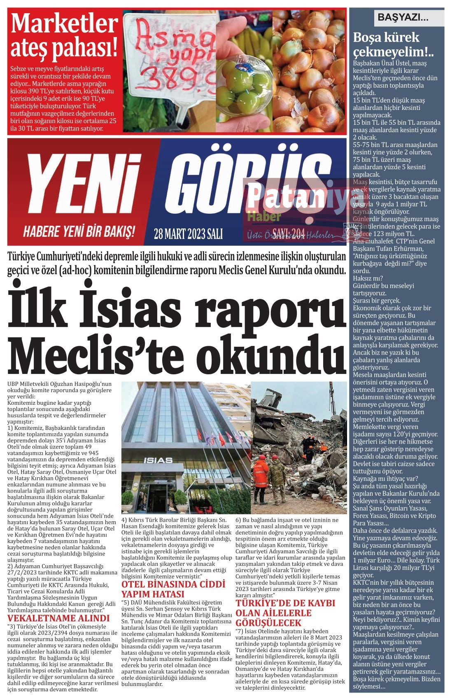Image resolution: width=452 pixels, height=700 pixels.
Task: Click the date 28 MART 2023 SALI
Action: coord(188,234)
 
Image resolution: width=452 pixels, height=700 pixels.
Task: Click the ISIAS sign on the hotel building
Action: coord(154,460)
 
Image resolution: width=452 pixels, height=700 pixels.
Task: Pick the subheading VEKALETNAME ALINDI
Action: coord(59,618)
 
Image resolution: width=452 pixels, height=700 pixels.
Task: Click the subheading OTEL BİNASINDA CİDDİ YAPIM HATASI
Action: coord(173,589)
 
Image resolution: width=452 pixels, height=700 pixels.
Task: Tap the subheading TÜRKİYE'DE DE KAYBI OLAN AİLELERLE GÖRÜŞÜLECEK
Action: coord(285,613)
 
